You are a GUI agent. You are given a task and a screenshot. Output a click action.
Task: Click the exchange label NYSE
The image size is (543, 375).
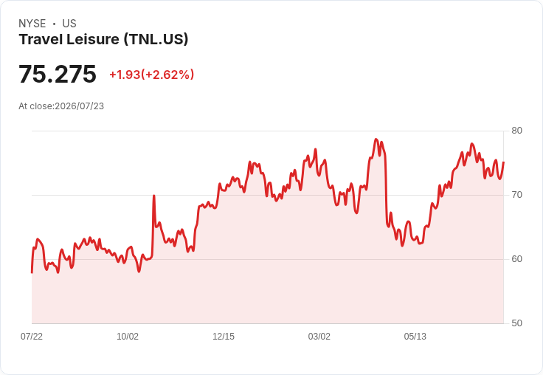tap(32, 24)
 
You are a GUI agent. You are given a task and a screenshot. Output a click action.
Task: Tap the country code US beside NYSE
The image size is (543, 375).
tap(69, 24)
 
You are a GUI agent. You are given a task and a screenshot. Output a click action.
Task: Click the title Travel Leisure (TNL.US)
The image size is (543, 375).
tap(103, 40)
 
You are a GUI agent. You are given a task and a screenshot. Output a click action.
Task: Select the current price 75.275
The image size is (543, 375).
tap(58, 74)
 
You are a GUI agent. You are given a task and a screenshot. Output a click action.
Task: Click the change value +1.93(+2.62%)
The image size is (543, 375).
tap(152, 75)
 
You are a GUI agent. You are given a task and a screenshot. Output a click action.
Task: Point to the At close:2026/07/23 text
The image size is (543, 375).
tap(61, 106)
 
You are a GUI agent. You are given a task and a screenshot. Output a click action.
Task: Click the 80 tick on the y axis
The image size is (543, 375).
tap(516, 131)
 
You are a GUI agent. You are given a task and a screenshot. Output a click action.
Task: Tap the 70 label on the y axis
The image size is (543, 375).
tap(516, 195)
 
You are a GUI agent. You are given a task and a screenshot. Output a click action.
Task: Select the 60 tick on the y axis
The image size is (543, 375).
tap(516, 259)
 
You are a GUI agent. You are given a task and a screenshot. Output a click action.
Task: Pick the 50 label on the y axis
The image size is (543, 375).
tap(516, 323)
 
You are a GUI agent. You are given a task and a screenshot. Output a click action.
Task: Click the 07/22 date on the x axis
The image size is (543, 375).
tap(32, 337)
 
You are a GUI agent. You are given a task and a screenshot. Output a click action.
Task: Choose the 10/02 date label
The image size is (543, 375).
tap(128, 337)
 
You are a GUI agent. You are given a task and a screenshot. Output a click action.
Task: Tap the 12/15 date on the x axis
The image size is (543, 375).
tap(224, 337)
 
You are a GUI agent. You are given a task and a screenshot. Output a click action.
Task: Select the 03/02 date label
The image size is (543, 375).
tap(319, 337)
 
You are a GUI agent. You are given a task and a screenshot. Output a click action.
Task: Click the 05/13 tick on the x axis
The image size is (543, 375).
tap(415, 337)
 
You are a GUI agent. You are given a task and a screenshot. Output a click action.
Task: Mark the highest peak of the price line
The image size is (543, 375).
tap(376, 140)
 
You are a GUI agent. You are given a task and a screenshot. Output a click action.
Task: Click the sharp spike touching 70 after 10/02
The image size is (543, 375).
tap(153, 196)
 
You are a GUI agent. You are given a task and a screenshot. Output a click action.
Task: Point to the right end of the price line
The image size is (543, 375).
tap(503, 162)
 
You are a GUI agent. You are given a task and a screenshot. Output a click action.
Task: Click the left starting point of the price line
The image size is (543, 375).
tap(32, 272)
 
